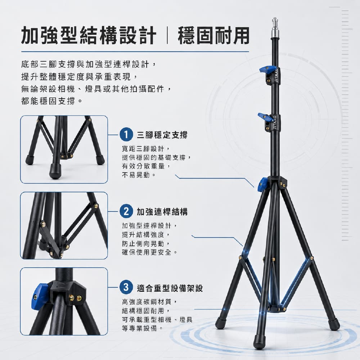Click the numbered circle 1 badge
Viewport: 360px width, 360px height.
(x=126, y=135)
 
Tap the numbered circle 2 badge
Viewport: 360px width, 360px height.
(x=126, y=211)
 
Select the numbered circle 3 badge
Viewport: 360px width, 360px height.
(x=126, y=287)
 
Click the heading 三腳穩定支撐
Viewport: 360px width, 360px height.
(x=162, y=135)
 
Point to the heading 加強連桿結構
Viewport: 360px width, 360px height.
(x=162, y=211)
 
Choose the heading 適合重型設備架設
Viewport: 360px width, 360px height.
(x=170, y=288)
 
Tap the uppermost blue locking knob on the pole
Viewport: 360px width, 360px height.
(x=266, y=70)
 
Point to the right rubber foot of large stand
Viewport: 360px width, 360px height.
(x=334, y=324)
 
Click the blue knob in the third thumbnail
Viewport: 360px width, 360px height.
(x=39, y=297)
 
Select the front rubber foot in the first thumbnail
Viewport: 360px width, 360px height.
(x=55, y=171)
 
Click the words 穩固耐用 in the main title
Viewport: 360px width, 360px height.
(x=213, y=36)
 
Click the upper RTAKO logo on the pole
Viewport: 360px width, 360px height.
(x=276, y=75)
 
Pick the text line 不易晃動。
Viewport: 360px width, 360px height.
(x=139, y=175)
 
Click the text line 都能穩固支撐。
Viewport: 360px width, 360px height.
(x=51, y=101)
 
